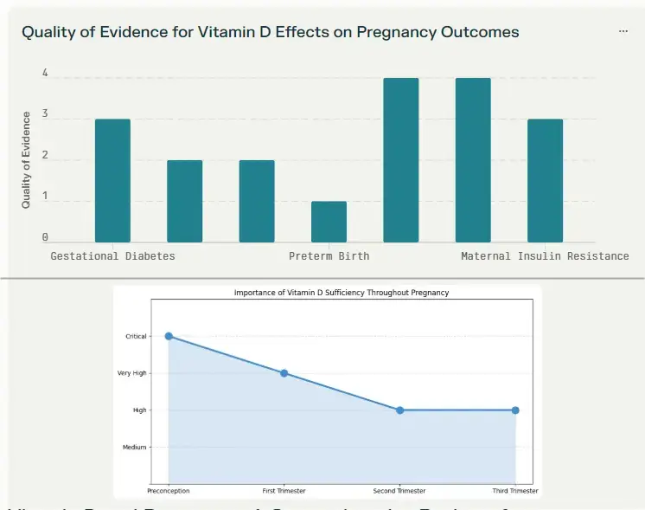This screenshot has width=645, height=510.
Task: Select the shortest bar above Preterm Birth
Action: [x=329, y=222]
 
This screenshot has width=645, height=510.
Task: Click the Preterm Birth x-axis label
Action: [x=329, y=256]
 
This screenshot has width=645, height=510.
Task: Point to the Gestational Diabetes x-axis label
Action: [x=112, y=256]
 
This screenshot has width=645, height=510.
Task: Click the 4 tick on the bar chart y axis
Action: [x=45, y=74]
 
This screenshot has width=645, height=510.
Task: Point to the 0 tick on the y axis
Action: [x=45, y=237]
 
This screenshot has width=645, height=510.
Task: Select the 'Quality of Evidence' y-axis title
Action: [x=26, y=159]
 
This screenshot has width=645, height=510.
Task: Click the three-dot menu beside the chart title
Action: [x=623, y=31]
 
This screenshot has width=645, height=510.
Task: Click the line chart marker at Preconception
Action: [x=169, y=336]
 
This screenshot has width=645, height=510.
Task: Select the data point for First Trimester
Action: [x=284, y=373]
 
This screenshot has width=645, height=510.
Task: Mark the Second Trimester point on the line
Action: [x=399, y=410]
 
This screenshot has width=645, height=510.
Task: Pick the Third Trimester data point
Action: [x=515, y=410]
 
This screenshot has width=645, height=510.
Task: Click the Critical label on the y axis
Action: [x=136, y=337]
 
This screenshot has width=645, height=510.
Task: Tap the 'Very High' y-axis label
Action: [x=132, y=373]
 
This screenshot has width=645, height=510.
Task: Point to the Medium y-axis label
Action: [x=134, y=448]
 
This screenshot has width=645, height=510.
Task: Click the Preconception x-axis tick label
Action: [x=169, y=491]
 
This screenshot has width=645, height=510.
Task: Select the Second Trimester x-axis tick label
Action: [x=399, y=491]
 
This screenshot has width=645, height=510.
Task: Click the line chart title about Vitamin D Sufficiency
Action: [x=342, y=294]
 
